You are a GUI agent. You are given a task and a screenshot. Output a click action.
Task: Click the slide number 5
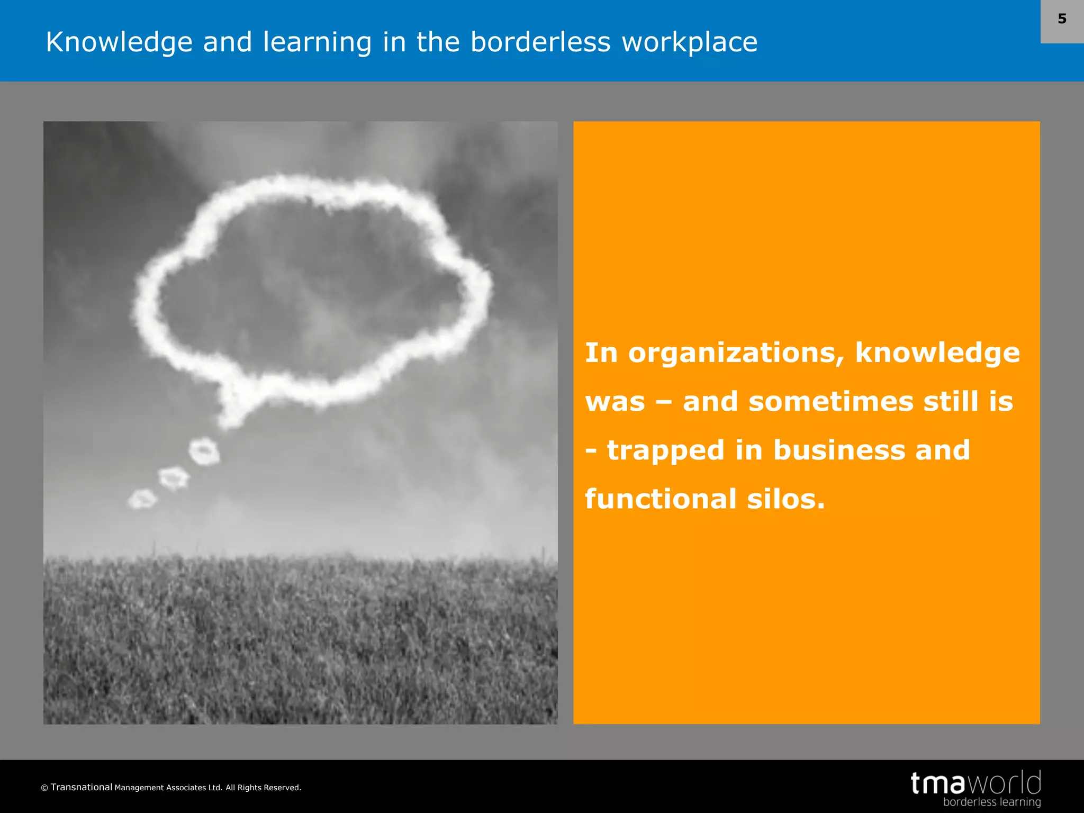tap(1062, 19)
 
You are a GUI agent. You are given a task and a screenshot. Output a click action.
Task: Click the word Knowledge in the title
tap(119, 42)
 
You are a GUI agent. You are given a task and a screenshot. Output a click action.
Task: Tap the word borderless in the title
tap(540, 42)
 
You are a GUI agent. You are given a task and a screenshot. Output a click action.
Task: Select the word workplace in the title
tap(689, 42)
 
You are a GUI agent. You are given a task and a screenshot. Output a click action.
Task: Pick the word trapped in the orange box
tap(665, 450)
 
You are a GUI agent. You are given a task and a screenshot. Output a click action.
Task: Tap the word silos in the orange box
tap(785, 499)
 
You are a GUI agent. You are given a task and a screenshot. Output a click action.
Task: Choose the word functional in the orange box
tap(661, 499)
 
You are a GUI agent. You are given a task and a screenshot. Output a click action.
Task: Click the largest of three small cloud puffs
tap(204, 451)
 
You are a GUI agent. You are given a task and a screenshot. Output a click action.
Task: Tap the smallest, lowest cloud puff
tap(142, 499)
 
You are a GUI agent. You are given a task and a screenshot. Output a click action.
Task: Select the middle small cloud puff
tap(174, 477)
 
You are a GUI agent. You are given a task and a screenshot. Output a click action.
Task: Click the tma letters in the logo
tap(938, 783)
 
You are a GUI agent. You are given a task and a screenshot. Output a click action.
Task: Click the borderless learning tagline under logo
tap(991, 802)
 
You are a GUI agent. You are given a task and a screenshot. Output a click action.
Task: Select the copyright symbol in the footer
tap(44, 788)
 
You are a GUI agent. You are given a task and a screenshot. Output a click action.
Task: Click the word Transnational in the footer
tap(82, 787)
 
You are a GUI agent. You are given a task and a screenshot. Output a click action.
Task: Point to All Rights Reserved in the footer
tap(263, 788)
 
